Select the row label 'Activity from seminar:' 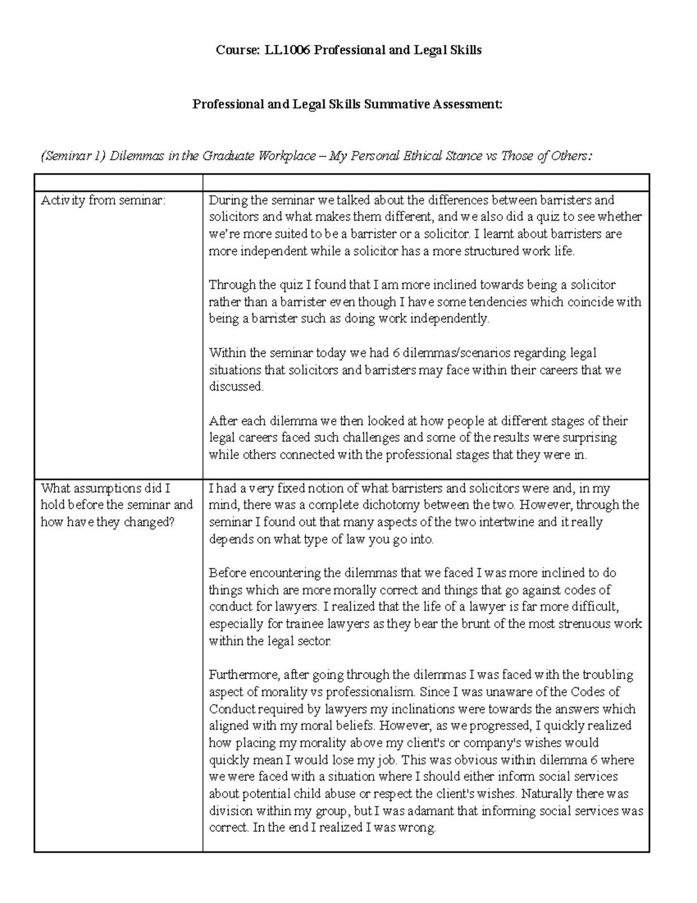point(103,201)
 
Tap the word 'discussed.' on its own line point(236,387)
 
